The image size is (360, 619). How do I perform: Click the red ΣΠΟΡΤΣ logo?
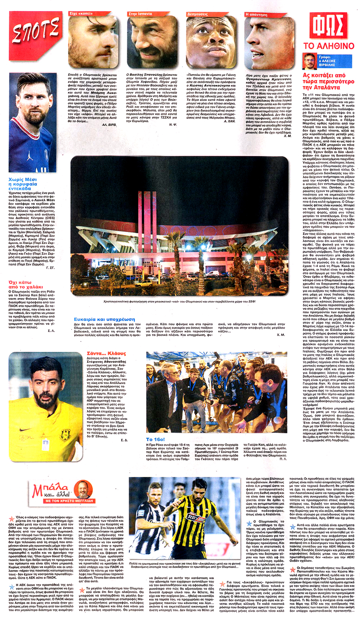coord(36,31)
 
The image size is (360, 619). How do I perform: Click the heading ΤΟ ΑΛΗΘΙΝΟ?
coord(328,46)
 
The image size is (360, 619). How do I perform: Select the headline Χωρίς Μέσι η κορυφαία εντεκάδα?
coord(23,184)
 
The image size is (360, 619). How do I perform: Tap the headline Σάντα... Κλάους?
coord(106,353)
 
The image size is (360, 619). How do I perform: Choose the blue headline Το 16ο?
coord(155,439)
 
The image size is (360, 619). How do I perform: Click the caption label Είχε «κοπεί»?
coord(81,14)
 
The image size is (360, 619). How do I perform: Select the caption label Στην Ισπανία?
coord(140,14)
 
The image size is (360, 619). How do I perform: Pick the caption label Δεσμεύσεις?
coord(198,14)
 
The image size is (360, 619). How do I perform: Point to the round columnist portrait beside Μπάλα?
coord(83,490)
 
